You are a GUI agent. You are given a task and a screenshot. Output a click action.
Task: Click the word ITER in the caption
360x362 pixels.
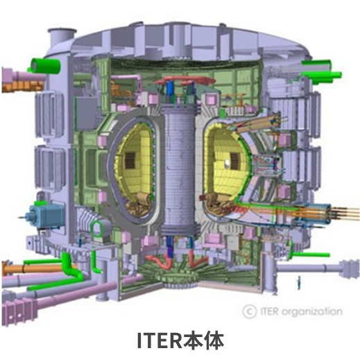[159, 341]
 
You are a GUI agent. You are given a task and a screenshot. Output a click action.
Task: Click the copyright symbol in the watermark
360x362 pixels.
[248, 311]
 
